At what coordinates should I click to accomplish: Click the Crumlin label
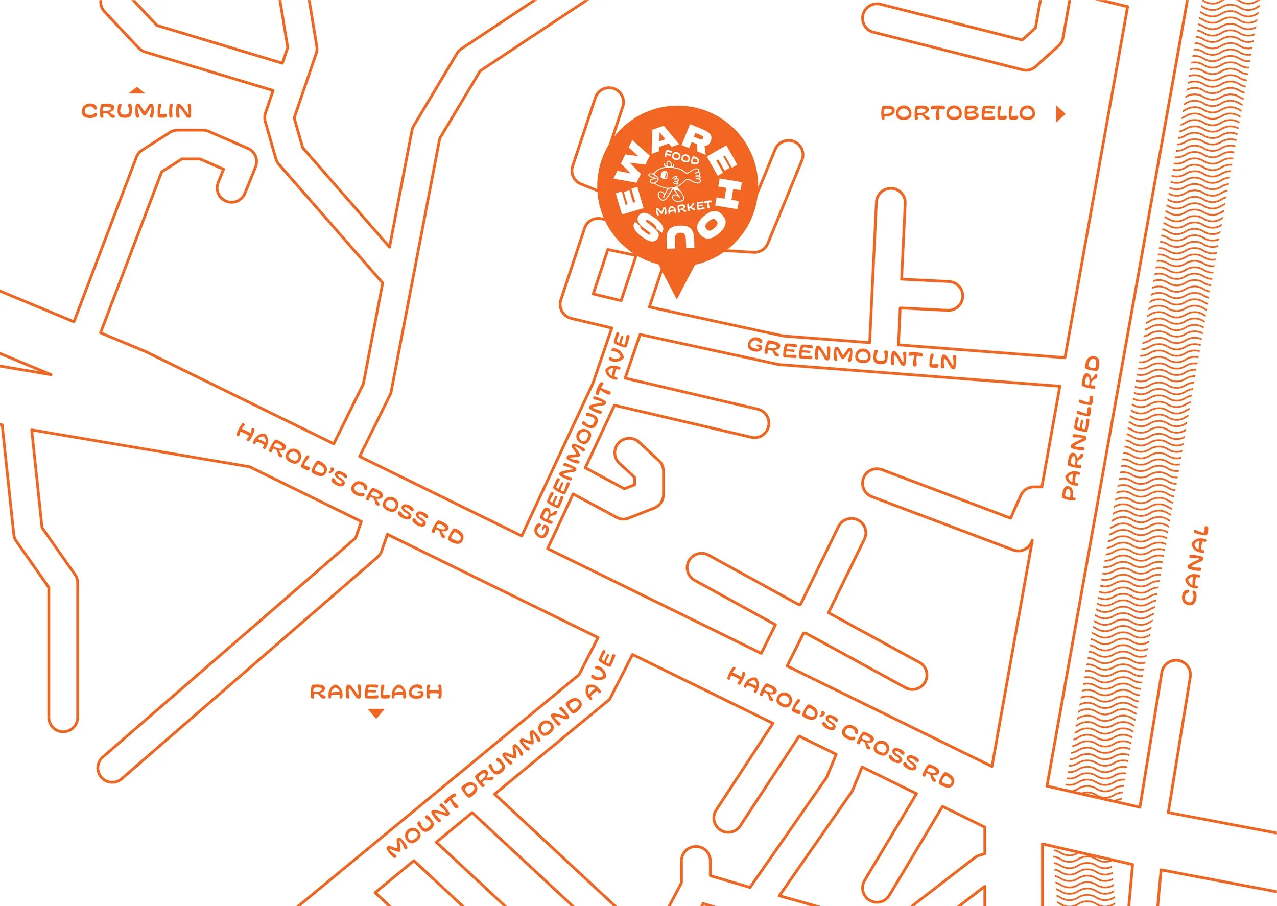tap(137, 111)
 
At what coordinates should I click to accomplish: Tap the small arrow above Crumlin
tap(137, 90)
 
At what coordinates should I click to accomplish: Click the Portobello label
tap(957, 113)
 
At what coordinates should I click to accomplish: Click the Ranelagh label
tap(376, 693)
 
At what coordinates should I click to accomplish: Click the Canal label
tap(1196, 565)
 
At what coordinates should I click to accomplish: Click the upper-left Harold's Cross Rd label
tap(350, 484)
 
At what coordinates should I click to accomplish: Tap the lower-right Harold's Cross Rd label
tap(841, 729)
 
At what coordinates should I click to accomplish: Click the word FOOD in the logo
tap(680, 157)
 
